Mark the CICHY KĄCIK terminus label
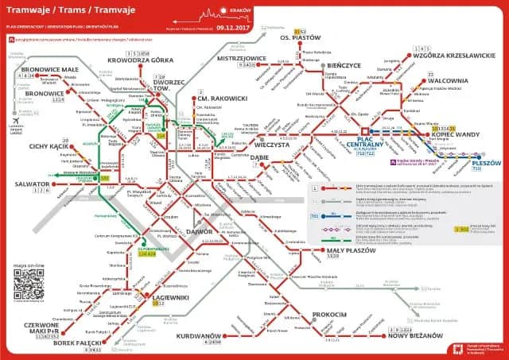pyautogui.click(x=46, y=146)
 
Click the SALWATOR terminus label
pyautogui.click(x=32, y=182)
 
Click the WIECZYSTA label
pyautogui.click(x=270, y=145)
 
